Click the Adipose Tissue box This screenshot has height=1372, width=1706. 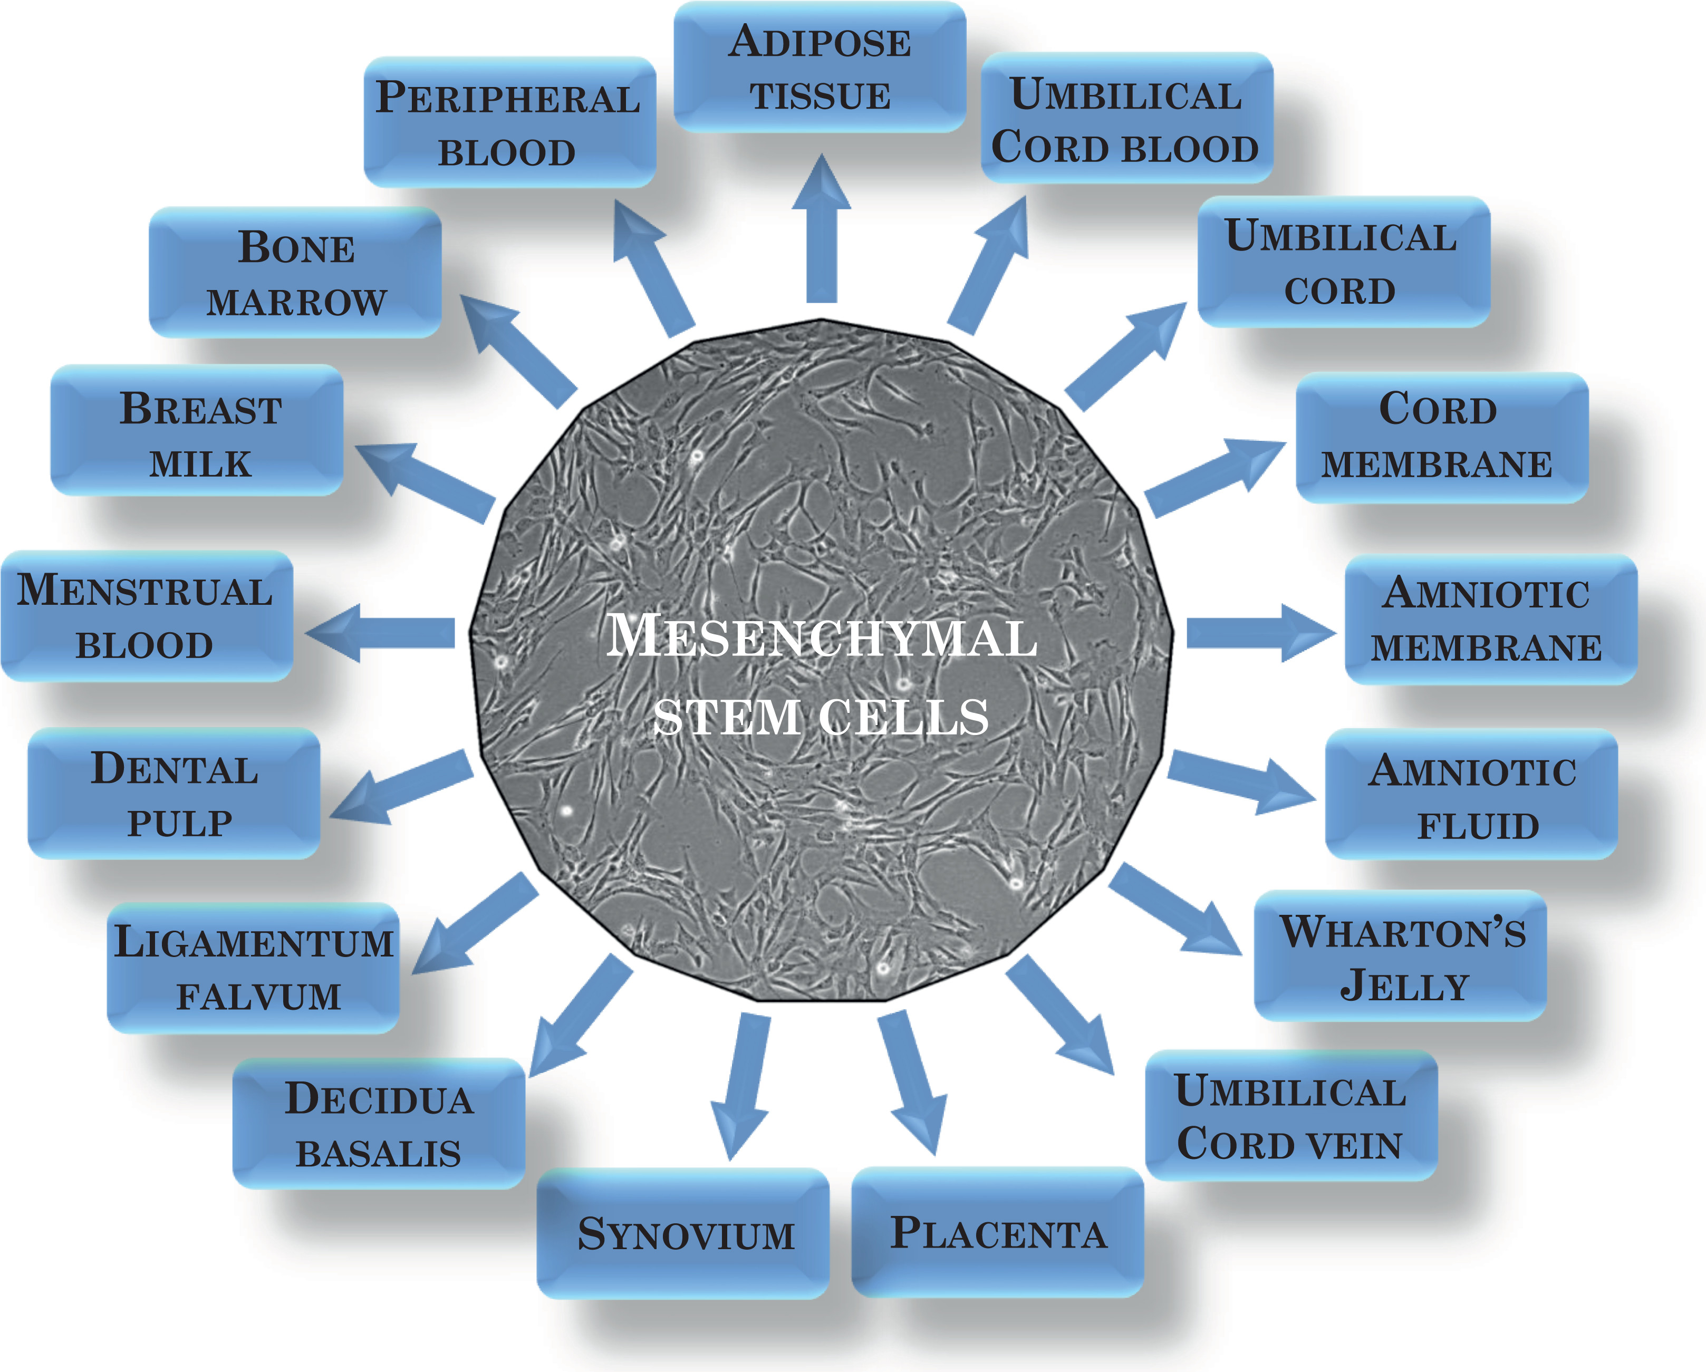point(820,67)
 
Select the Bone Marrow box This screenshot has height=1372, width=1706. point(295,273)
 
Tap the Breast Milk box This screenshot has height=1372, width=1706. point(197,431)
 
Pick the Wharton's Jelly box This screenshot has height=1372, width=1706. point(1401,956)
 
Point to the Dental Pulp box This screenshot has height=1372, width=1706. point(174,794)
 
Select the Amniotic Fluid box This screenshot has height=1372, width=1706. point(1472,795)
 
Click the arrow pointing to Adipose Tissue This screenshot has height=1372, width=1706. point(821,229)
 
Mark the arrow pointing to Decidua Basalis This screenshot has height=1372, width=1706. point(577,1017)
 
